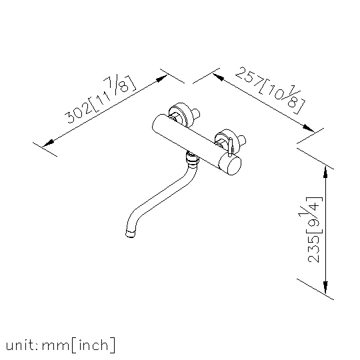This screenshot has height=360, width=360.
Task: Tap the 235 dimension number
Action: click(x=313, y=249)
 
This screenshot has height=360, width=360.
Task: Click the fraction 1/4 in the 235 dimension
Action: click(x=311, y=209)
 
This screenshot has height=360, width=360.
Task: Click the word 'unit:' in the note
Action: click(x=22, y=345)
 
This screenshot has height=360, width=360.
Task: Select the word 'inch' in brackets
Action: click(x=93, y=345)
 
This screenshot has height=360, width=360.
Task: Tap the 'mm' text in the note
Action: click(x=55, y=346)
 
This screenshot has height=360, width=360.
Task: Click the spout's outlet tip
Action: click(x=131, y=233)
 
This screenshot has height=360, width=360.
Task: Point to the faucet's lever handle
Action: click(x=231, y=147)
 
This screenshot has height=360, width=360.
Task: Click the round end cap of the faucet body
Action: click(x=230, y=165)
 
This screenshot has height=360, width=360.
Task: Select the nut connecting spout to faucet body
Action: click(x=192, y=159)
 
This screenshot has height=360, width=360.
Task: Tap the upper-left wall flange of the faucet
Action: click(x=181, y=115)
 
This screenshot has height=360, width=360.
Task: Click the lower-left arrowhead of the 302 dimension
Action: click(x=48, y=143)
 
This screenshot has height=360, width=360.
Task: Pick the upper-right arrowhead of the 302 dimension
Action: click(x=161, y=78)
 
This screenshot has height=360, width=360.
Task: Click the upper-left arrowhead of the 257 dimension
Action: click(x=218, y=77)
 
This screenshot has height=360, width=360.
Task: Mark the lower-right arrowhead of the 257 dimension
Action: click(x=309, y=128)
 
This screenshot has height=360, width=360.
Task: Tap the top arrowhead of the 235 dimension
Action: click(x=325, y=173)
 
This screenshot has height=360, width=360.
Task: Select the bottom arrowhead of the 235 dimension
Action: click(x=325, y=287)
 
